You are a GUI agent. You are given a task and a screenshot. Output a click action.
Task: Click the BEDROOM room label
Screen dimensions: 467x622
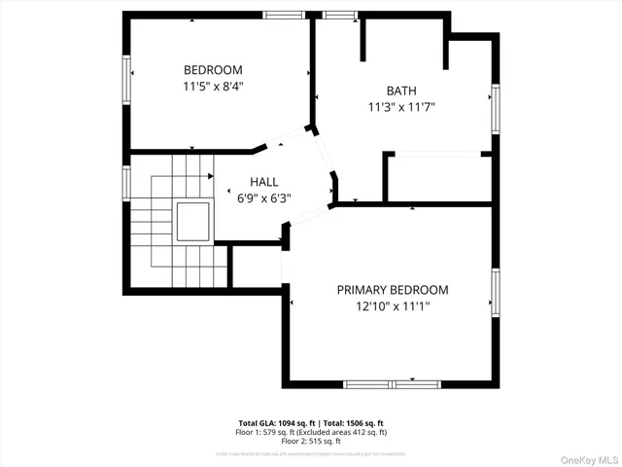pos(213,70)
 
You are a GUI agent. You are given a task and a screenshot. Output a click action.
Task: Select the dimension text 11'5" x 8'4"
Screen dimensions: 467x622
pos(213,87)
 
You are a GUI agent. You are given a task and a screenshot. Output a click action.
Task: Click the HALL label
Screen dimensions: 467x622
pos(263,182)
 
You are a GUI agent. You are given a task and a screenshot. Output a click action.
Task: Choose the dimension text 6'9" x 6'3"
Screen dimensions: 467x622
pos(263,198)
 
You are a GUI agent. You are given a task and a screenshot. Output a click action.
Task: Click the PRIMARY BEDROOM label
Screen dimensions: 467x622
pos(393,290)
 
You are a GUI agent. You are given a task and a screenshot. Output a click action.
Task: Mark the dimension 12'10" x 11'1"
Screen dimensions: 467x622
pos(393,306)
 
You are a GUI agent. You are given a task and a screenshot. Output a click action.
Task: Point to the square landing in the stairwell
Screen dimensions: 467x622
pos(192,222)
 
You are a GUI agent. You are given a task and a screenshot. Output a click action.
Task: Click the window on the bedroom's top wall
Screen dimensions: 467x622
pos(283,15)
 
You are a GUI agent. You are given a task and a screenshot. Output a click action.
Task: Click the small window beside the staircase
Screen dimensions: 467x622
pos(126,182)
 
